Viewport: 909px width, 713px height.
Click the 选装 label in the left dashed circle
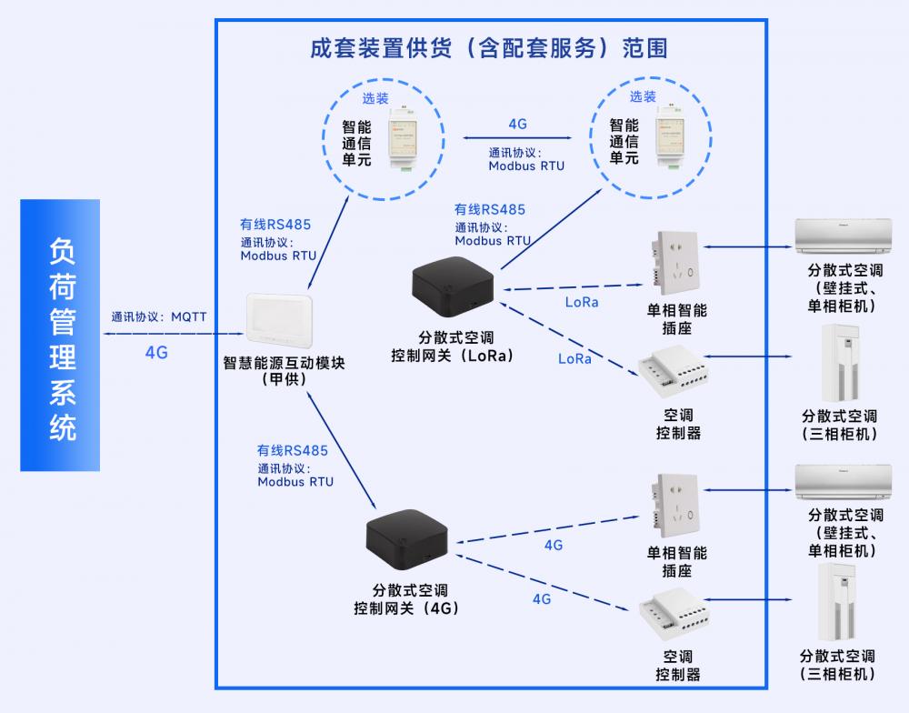(375, 98)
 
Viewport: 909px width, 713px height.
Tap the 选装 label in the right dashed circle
(643, 96)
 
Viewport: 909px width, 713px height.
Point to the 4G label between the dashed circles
(518, 124)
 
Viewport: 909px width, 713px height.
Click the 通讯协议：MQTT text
(159, 317)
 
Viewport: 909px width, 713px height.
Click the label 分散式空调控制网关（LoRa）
(452, 346)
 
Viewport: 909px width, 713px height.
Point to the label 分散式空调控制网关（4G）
(409, 599)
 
